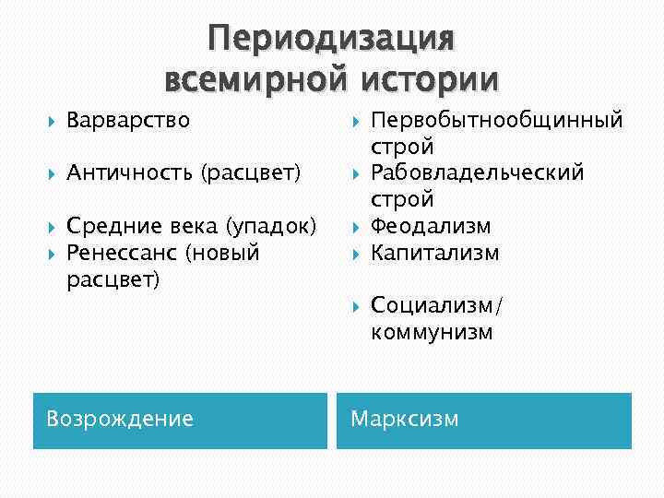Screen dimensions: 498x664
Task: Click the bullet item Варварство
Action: point(128,120)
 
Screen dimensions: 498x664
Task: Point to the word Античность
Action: point(125,172)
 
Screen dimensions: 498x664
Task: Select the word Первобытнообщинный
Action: point(497,120)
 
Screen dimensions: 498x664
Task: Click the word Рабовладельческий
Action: point(477,172)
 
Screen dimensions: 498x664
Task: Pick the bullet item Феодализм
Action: point(431,226)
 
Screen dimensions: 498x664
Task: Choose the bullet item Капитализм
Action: point(434,252)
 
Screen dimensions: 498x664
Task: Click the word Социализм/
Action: point(438,305)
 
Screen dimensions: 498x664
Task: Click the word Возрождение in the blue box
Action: point(120,420)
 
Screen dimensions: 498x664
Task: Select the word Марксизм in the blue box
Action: point(404,420)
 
